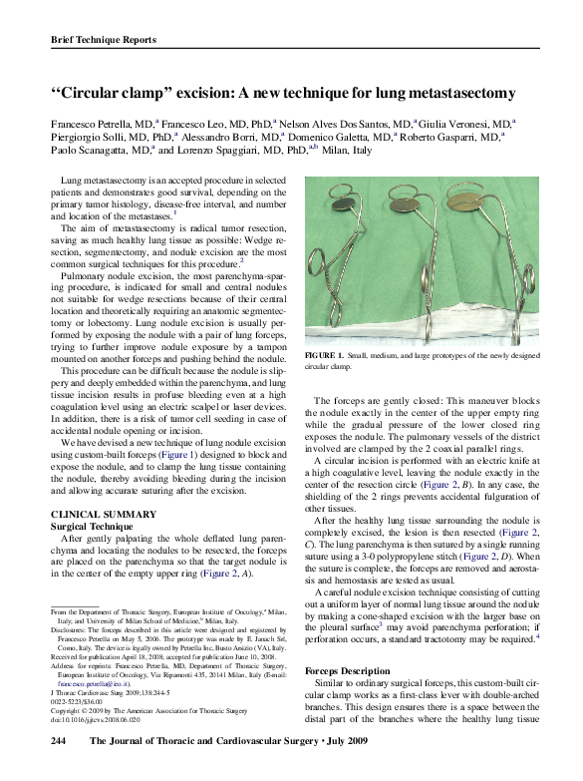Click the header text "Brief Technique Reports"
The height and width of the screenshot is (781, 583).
(103, 40)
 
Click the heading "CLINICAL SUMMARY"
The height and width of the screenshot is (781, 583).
(100, 514)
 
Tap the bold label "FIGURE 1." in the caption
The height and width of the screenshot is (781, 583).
(324, 356)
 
